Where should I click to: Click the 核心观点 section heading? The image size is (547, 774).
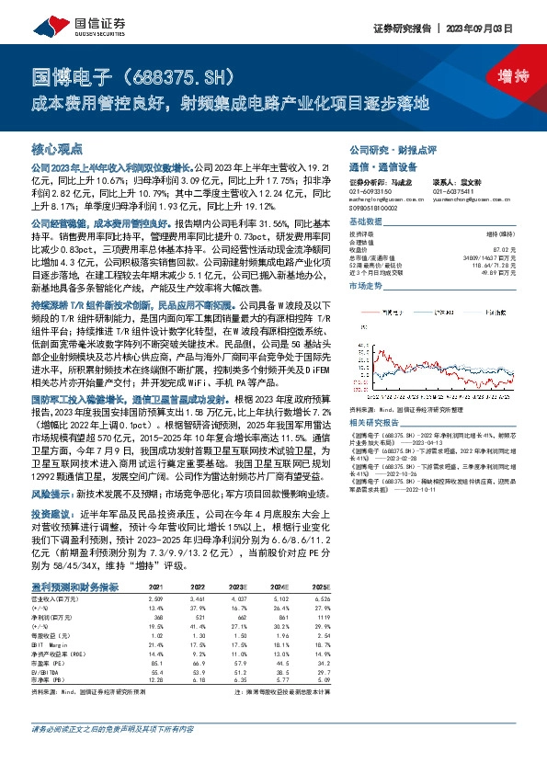58,147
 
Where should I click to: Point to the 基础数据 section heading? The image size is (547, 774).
367,223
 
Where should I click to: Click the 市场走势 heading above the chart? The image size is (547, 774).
367,286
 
